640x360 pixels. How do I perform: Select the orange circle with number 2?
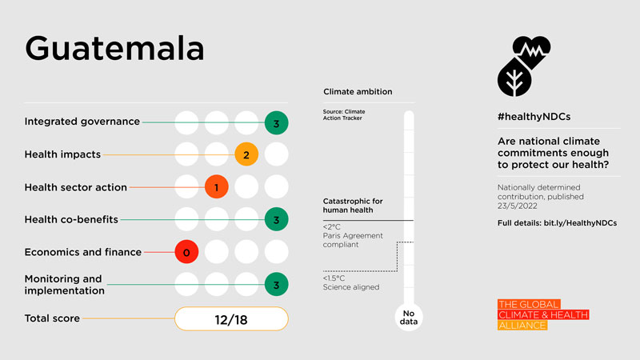(x=246, y=154)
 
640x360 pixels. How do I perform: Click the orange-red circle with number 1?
(x=217, y=187)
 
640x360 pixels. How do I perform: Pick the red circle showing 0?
(x=186, y=252)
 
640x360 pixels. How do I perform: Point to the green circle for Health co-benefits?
(x=276, y=219)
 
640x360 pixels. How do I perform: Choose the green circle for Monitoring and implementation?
(x=276, y=284)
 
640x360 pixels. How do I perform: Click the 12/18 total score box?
(x=231, y=319)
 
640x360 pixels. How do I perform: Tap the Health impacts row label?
(x=63, y=154)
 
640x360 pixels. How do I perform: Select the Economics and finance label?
(x=82, y=252)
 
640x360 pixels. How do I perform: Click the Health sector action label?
(x=75, y=187)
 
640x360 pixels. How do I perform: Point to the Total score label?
(x=52, y=318)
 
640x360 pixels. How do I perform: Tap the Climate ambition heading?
(x=358, y=92)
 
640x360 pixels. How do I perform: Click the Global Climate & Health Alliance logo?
(x=542, y=315)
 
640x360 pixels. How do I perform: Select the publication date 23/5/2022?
(x=522, y=206)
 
